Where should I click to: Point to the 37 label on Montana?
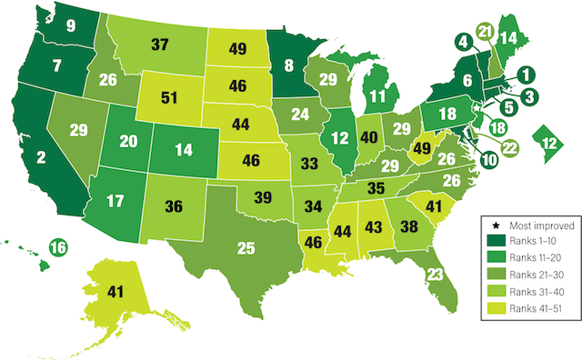coord(160,45)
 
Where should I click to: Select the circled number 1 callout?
coord(527,75)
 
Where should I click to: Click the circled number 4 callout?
coord(463,41)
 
